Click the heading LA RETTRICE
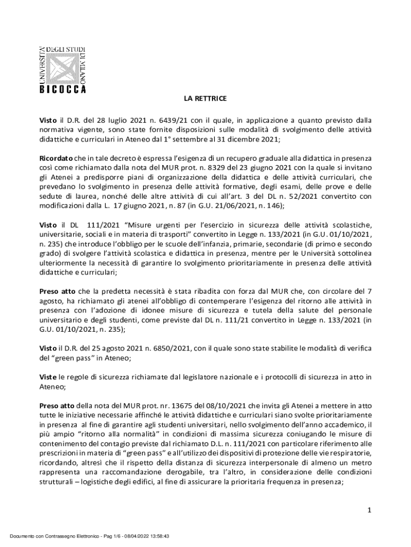pyautogui.click(x=205, y=99)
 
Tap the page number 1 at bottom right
pyautogui.click(x=368, y=511)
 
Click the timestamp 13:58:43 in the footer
pyautogui.click(x=158, y=535)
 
